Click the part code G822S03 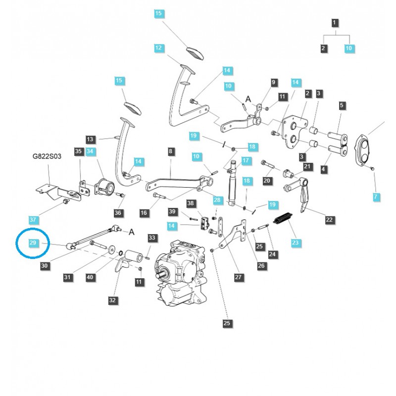pyautogui.click(x=47, y=156)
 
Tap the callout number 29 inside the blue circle pyautogui.click(x=33, y=242)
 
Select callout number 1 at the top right pyautogui.click(x=335, y=23)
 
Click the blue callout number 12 pyautogui.click(x=158, y=48)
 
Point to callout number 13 pyautogui.click(x=90, y=139)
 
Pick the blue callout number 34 pyautogui.click(x=90, y=151)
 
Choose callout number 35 pyautogui.click(x=78, y=151)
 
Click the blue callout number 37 pyautogui.click(x=33, y=219)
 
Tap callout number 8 pyautogui.click(x=171, y=151)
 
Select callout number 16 pyautogui.click(x=144, y=213)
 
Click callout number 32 pyautogui.click(x=113, y=299)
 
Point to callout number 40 pyautogui.click(x=90, y=278)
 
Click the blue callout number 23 pyautogui.click(x=296, y=243)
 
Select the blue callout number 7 pyautogui.click(x=376, y=197)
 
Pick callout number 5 pyautogui.click(x=342, y=105)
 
